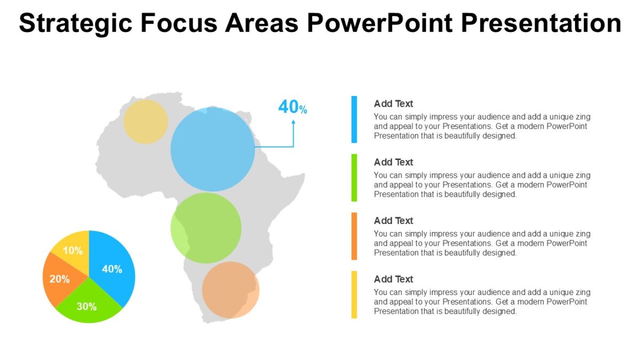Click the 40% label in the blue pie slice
click(x=112, y=269)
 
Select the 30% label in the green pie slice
click(x=86, y=307)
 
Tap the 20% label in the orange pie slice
click(x=60, y=279)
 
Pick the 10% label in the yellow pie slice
click(x=73, y=251)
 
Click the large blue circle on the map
click(x=213, y=149)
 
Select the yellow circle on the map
click(x=146, y=122)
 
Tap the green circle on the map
click(x=206, y=228)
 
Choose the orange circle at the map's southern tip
click(x=230, y=290)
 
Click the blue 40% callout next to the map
click(x=292, y=107)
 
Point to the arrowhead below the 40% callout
click(x=293, y=122)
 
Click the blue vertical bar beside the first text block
click(x=354, y=119)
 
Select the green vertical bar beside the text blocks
click(x=354, y=178)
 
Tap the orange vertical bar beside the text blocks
click(x=354, y=236)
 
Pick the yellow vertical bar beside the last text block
click(x=354, y=294)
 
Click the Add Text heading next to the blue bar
click(x=393, y=104)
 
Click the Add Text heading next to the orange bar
click(x=393, y=221)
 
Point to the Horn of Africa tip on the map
click(x=303, y=175)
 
